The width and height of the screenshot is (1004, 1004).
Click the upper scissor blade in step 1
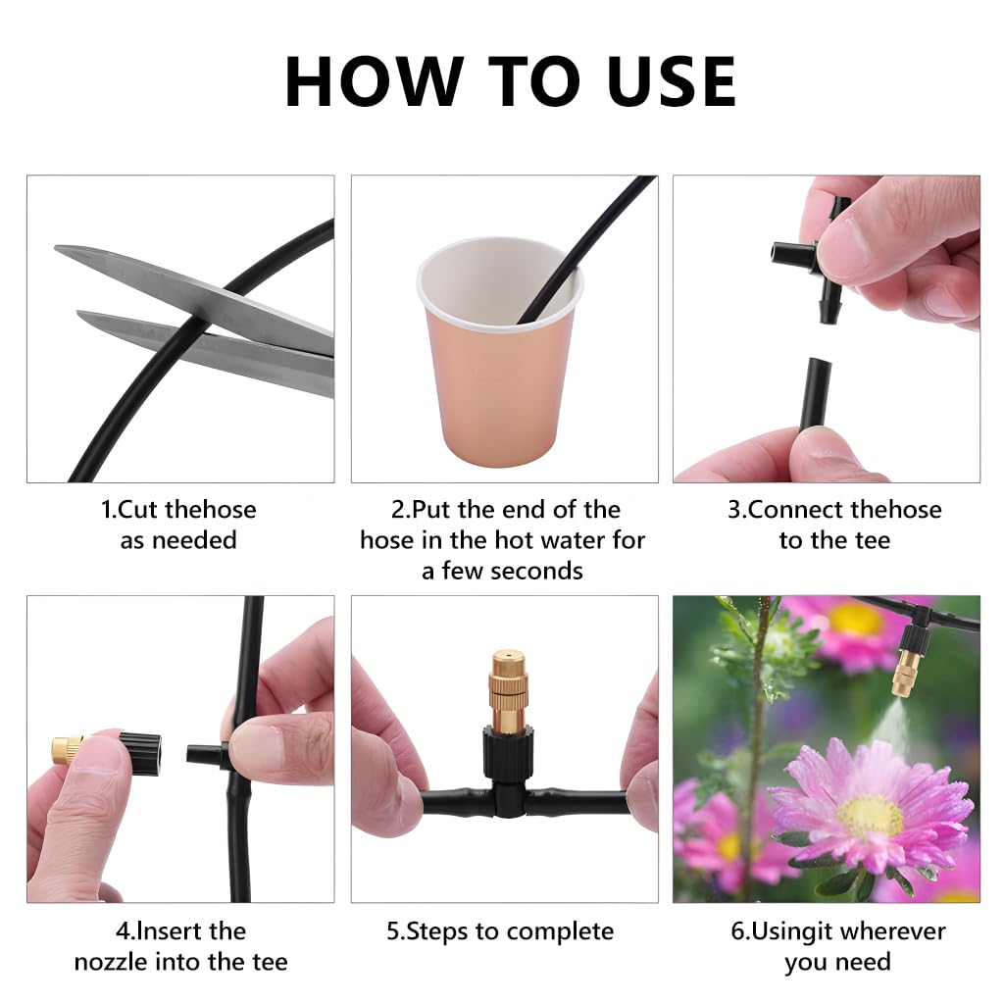(x=176, y=284)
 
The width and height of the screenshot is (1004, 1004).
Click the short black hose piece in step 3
(x=815, y=393)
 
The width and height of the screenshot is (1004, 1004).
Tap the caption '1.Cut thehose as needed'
(x=178, y=525)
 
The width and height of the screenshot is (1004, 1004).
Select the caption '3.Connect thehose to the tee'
(x=833, y=525)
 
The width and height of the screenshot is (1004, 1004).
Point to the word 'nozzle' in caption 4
(x=117, y=961)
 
